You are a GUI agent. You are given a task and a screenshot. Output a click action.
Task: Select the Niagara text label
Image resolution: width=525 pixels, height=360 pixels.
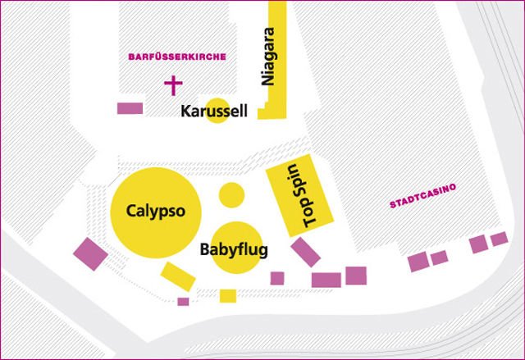click(x=266, y=57)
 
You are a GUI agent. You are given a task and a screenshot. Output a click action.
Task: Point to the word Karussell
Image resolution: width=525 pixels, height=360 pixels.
click(x=214, y=112)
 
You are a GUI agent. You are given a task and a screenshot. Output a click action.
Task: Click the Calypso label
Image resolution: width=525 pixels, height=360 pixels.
click(x=156, y=211)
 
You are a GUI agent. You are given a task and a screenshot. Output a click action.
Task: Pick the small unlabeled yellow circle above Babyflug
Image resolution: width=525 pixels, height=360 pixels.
click(x=232, y=195)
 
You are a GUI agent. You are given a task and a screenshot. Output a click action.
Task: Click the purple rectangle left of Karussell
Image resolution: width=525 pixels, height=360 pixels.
click(x=130, y=107)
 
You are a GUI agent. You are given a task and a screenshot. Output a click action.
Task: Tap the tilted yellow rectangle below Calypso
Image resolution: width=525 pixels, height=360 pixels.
click(x=177, y=276)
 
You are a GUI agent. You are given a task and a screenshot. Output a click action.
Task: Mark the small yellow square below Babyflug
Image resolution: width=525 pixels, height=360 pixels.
click(x=228, y=295)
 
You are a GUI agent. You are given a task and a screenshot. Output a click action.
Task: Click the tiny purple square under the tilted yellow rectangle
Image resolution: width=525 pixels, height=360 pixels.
click(x=183, y=302)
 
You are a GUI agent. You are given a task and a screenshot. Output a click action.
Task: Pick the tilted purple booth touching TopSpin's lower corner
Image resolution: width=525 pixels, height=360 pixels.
click(x=304, y=252)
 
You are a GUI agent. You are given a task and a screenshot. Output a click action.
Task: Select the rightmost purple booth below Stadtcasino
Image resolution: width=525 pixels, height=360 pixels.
click(x=500, y=239)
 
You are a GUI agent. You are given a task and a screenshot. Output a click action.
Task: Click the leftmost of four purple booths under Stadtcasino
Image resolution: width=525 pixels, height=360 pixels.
click(x=418, y=262)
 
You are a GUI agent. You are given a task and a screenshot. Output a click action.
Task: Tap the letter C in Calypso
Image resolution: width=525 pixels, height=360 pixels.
click(x=131, y=211)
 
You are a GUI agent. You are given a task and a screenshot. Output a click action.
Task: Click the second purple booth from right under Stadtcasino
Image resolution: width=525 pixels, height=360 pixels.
click(x=478, y=244)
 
